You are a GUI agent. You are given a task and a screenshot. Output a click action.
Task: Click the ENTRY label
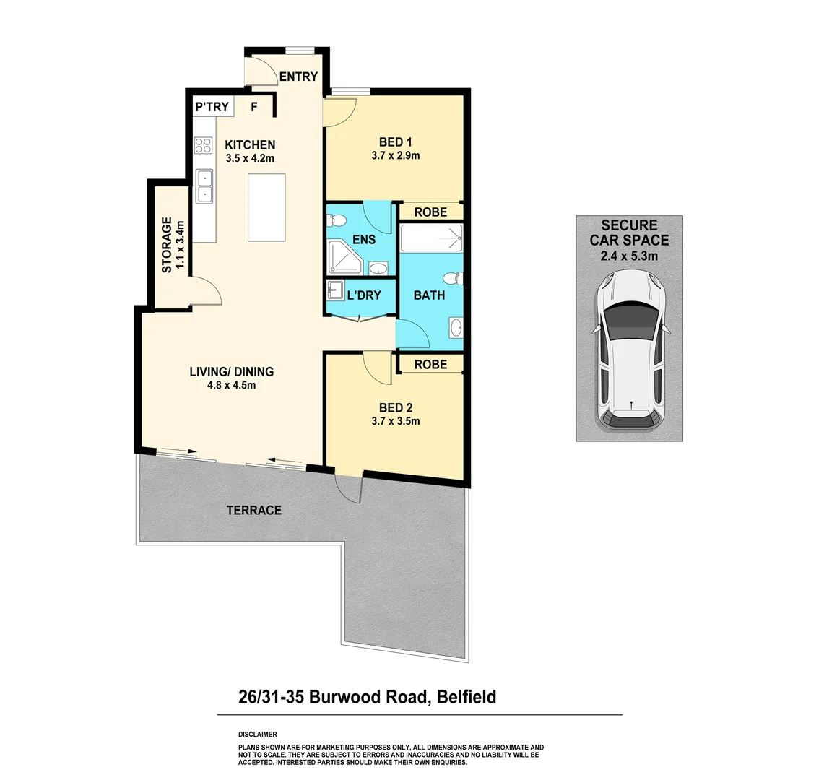[x=298, y=77]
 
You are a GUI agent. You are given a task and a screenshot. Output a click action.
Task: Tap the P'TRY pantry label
[x=212, y=107]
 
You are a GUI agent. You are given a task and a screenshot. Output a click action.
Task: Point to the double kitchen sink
[x=205, y=186]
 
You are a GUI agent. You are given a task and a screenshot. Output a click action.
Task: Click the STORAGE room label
[x=167, y=246]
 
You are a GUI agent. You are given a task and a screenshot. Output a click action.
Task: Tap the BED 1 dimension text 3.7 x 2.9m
[x=395, y=155]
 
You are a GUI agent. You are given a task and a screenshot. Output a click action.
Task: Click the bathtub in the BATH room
[x=430, y=238]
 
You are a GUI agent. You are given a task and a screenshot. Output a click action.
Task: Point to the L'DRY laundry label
[x=363, y=295]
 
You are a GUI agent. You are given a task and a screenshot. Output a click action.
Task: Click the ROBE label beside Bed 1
[x=430, y=212]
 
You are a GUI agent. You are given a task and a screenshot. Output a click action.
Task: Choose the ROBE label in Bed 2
[x=430, y=365]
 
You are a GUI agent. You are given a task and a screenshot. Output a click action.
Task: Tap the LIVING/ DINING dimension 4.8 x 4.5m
[x=231, y=385]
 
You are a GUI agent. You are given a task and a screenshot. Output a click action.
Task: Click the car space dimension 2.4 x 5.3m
[x=629, y=256]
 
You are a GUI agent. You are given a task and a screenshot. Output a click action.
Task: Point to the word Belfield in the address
[x=466, y=697]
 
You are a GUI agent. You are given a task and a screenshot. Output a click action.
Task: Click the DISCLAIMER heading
[x=257, y=734]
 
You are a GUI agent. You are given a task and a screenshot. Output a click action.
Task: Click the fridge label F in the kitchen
[x=253, y=107]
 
